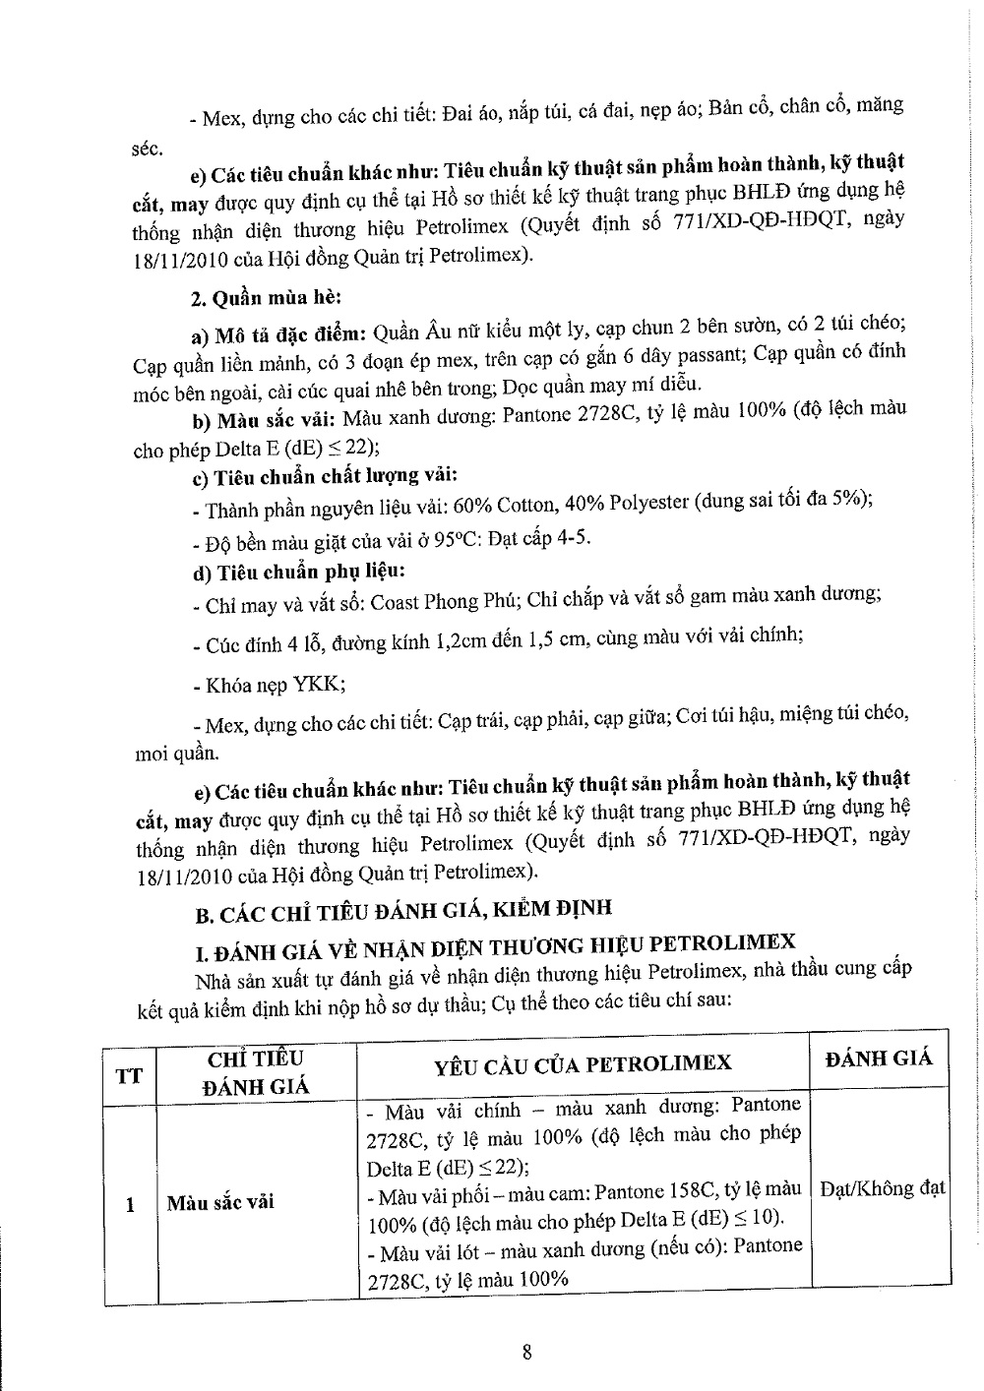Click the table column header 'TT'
[129, 1073]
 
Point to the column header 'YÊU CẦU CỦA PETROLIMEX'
[584, 1063]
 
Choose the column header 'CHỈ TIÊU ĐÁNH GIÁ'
[255, 1072]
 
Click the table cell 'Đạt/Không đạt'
[882, 1187]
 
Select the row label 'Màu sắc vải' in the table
[220, 1202]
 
